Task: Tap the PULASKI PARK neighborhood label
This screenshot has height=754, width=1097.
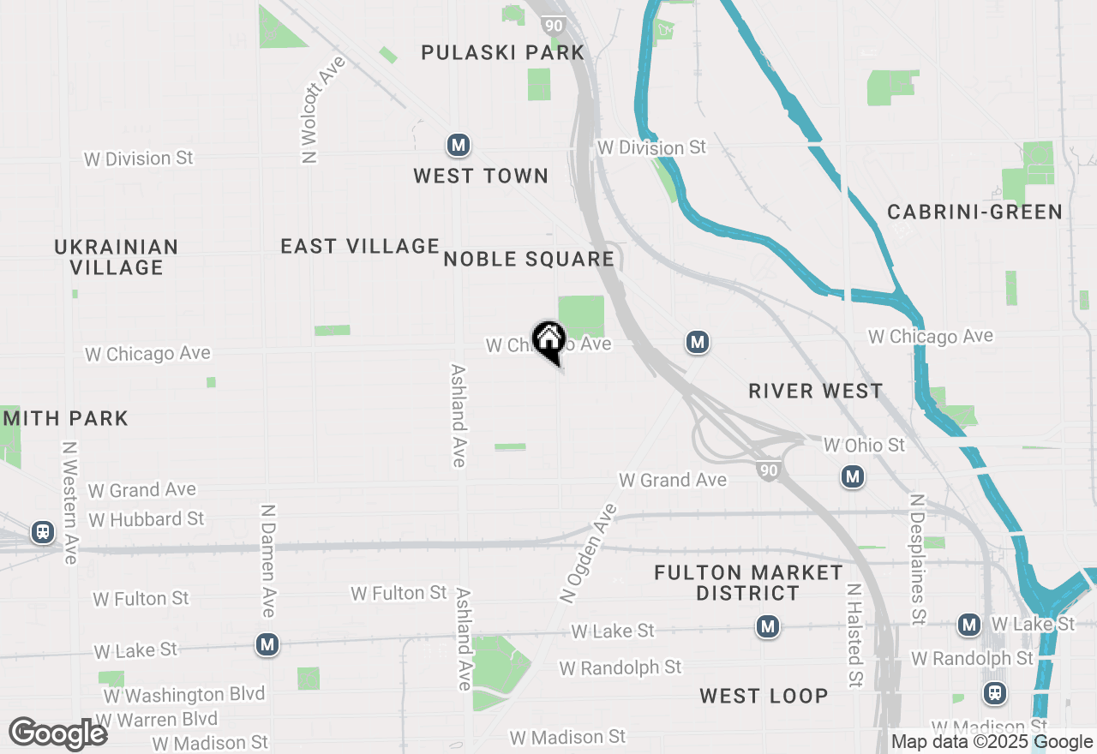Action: pos(503,53)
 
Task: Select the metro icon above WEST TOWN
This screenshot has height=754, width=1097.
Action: pos(459,145)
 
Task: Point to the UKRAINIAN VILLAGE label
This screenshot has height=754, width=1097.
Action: pos(117,257)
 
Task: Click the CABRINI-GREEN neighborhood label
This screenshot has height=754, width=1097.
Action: pos(974,212)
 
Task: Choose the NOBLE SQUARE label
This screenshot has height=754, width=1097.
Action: pos(529,259)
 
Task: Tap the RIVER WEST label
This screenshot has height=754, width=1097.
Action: pos(815,391)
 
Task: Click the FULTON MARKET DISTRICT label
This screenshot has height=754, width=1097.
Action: pos(748,583)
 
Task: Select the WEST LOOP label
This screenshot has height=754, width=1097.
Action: pos(764,696)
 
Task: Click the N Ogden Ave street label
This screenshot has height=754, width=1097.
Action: pos(588,554)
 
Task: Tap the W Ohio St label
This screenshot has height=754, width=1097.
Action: pos(864,446)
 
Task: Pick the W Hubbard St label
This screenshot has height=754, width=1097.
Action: pos(147,519)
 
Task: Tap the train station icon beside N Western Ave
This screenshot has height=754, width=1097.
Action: pos(42,532)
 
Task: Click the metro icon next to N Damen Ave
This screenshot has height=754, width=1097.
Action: pos(267,644)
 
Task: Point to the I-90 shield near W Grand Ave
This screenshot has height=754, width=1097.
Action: pos(768,470)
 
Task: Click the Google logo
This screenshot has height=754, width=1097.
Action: pos(57,733)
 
